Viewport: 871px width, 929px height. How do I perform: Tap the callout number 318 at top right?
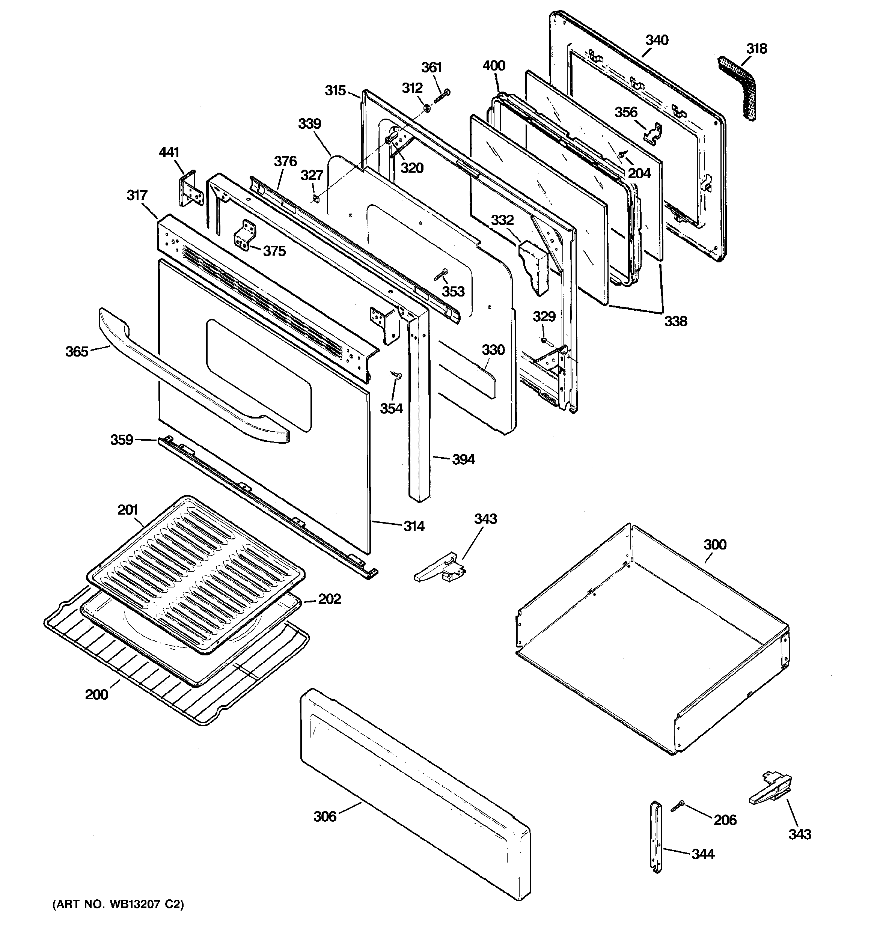click(x=756, y=48)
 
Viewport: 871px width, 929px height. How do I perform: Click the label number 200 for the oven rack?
click(x=97, y=694)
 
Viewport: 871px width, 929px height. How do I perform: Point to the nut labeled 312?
click(x=427, y=108)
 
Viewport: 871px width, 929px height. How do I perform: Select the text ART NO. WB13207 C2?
click(x=118, y=904)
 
